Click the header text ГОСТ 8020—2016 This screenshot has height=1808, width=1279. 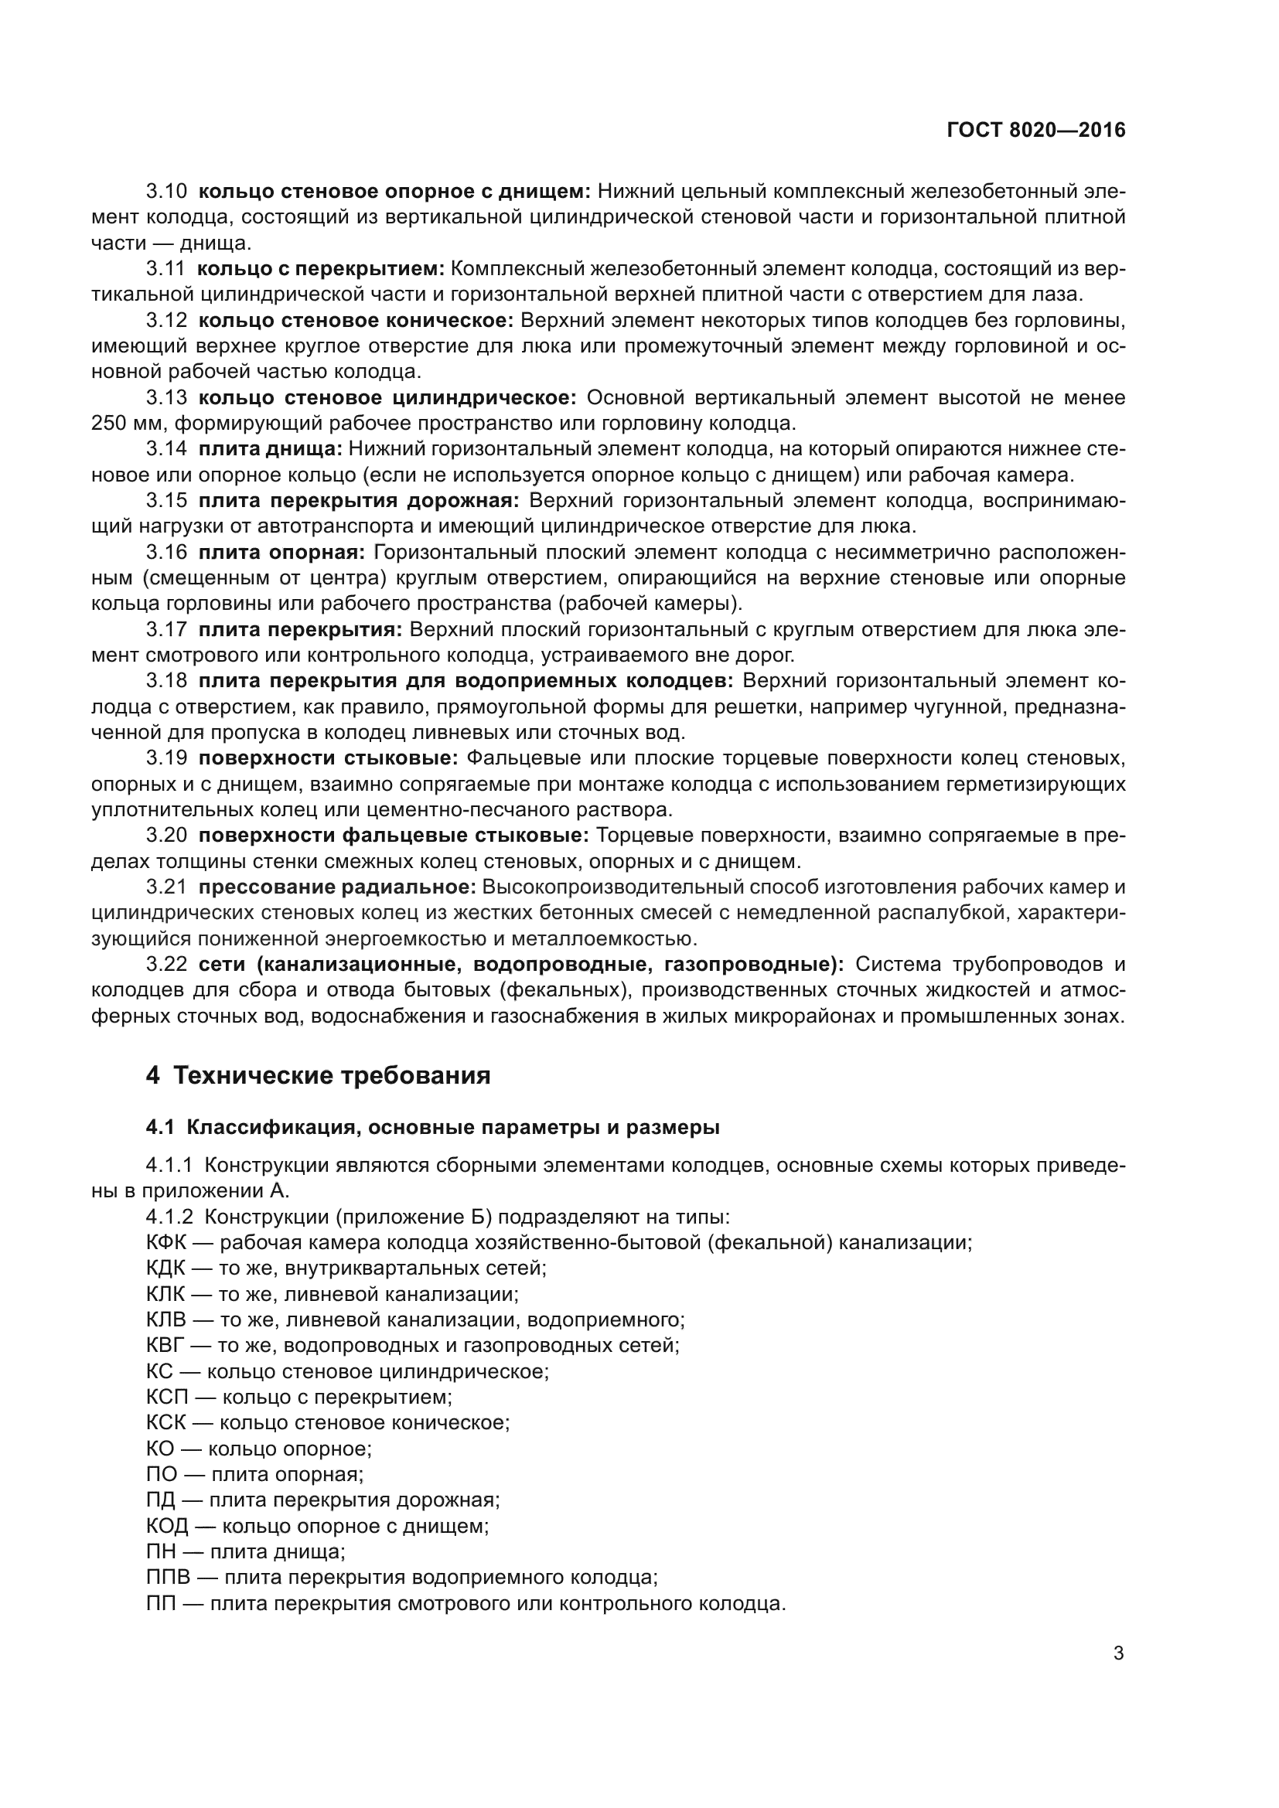[1035, 131]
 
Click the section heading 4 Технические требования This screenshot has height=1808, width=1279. [318, 1076]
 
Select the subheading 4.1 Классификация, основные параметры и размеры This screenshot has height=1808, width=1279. [432, 1128]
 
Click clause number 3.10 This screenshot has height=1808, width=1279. [166, 192]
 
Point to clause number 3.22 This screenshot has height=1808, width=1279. [166, 965]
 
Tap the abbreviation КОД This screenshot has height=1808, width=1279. [167, 1526]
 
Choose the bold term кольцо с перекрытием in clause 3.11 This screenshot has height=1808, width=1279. [321, 269]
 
